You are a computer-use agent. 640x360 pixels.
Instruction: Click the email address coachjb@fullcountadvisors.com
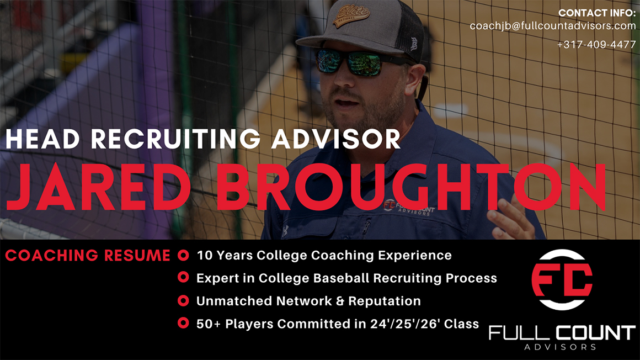[553, 26]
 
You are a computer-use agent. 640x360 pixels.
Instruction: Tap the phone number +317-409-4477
[596, 44]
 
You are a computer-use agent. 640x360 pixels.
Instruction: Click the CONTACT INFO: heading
[597, 13]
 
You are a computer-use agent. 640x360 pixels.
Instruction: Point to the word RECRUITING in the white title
[175, 139]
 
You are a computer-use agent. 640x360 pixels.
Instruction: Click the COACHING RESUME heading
[88, 256]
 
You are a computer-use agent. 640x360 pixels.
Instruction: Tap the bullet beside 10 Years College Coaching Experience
[183, 256]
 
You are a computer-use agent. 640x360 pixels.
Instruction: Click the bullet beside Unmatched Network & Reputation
[183, 301]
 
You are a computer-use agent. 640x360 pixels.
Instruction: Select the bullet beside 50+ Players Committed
[183, 324]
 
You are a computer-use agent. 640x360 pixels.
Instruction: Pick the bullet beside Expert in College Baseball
[183, 278]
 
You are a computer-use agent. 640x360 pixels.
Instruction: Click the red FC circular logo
[562, 280]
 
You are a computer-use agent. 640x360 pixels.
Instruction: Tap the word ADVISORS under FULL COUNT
[561, 347]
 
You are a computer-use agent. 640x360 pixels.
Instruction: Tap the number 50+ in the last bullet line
[209, 324]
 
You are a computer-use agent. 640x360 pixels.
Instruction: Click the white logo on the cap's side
[413, 43]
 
